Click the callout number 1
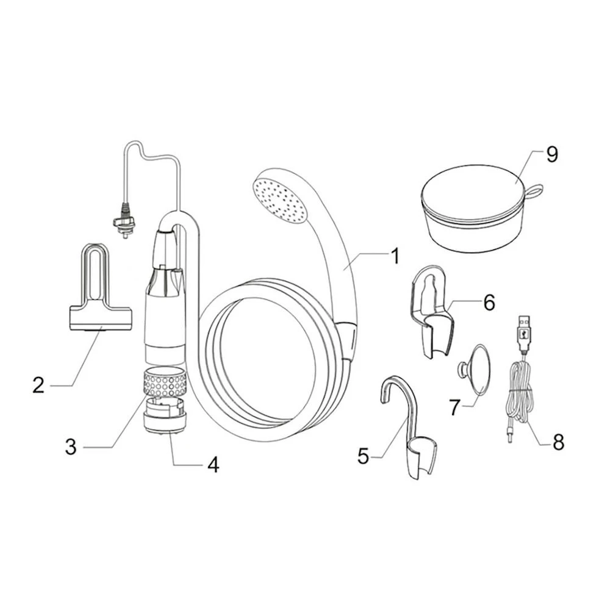point(395,257)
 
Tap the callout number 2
point(38,385)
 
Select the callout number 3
point(71,447)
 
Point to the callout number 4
point(213,464)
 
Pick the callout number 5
point(363,456)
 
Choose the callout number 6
point(489,303)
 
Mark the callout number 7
point(455,406)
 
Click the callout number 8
point(558,442)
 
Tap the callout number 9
point(552,155)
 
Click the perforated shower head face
point(280,201)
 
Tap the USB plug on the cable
point(523,329)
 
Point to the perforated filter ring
point(165,381)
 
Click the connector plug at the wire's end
point(124,221)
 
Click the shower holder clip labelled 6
point(432,311)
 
